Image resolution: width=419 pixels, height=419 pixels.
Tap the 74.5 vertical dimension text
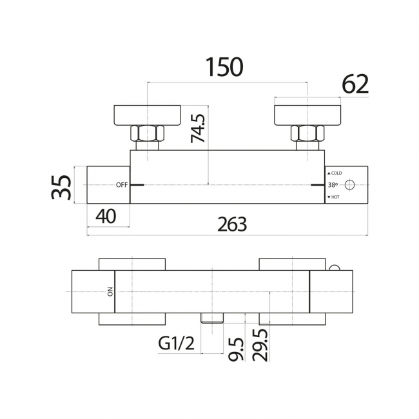pos(199,128)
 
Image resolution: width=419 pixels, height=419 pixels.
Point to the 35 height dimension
pos(61,185)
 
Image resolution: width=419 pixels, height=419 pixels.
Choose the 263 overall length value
pos(232,223)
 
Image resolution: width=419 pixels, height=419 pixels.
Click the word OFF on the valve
pos(122,185)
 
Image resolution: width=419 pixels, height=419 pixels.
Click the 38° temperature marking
pos(333,185)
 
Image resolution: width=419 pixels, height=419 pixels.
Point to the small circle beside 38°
pos(351,185)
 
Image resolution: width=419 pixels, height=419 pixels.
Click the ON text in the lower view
pos(109,292)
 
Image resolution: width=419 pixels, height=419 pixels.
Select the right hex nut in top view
pos(307,134)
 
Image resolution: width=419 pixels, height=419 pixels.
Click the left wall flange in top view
pos(147,113)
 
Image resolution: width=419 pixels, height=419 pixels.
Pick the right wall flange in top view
pos(308,113)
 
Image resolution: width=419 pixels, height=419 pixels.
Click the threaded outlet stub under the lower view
pos(212,317)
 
